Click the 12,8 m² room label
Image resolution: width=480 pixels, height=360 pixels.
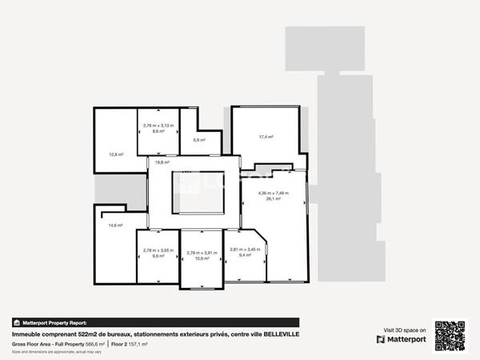115,154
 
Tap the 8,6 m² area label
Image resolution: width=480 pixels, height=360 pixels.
158,131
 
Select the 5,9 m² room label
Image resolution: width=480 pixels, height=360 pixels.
198,140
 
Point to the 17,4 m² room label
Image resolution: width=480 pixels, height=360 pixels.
266,137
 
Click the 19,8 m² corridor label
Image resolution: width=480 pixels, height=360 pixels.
162,162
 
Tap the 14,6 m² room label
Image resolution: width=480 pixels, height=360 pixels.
115,226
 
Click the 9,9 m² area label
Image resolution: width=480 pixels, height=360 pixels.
158,256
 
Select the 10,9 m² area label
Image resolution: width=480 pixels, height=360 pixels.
202,258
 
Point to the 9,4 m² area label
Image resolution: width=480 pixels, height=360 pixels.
245,255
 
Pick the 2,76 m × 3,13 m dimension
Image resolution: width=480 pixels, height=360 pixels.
158,126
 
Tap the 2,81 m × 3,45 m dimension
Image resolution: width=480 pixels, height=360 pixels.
245,250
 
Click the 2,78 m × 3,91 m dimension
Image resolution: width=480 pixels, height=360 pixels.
202,253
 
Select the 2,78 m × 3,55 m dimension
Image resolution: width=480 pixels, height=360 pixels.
158,250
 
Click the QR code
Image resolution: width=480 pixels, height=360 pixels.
450,334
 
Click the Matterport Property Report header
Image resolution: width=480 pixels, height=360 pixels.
54,322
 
